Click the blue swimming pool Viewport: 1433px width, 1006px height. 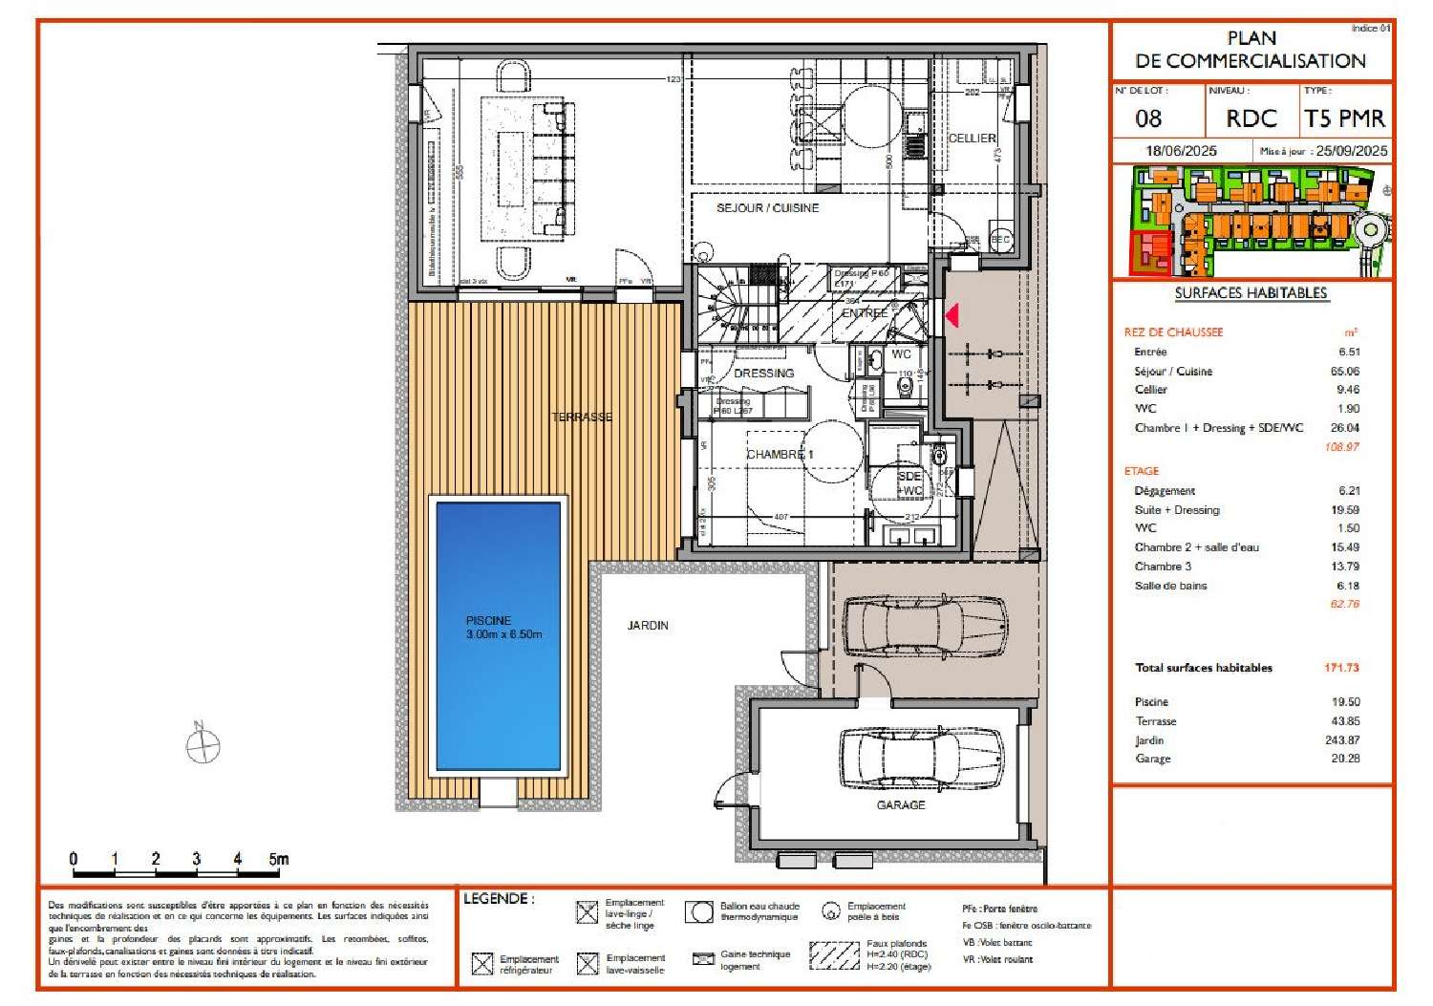tap(498, 635)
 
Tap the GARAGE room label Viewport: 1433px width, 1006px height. tap(900, 805)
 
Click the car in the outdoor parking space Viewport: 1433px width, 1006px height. tap(925, 626)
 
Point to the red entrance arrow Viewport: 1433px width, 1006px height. tap(952, 314)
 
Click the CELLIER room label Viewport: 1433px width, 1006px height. tap(972, 139)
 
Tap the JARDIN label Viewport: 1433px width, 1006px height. tap(648, 626)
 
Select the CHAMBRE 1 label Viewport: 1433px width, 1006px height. tap(780, 455)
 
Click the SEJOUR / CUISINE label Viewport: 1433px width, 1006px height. tap(767, 208)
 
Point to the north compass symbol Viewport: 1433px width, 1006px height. tap(203, 744)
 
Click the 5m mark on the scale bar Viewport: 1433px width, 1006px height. tap(278, 859)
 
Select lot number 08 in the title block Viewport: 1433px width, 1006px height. tap(1148, 118)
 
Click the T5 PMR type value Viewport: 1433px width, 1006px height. tap(1344, 118)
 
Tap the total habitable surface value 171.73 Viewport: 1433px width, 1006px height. tap(1341, 668)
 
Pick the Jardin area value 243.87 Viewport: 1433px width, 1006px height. tap(1341, 740)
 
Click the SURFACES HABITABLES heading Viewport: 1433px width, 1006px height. tap(1251, 293)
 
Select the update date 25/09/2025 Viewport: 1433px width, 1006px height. tap(1351, 151)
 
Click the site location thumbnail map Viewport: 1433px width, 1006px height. tap(1251, 221)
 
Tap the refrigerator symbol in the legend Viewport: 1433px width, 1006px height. tap(482, 964)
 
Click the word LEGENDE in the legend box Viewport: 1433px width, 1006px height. tap(497, 899)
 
